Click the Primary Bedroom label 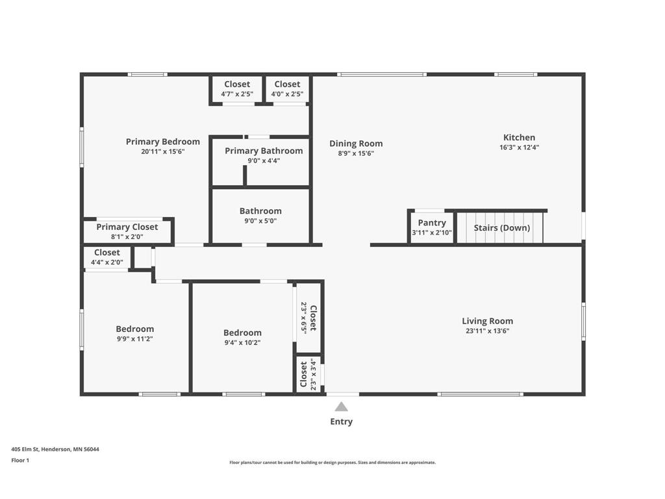click(x=163, y=142)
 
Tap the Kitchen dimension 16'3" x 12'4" click(x=519, y=147)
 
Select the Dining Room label click(x=356, y=144)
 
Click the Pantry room click(x=432, y=227)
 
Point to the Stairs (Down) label click(x=501, y=228)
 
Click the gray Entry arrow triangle click(x=341, y=407)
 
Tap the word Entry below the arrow click(x=341, y=422)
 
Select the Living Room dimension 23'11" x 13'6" click(x=487, y=331)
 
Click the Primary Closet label click(x=127, y=227)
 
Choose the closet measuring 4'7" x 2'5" click(x=237, y=89)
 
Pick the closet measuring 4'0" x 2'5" click(x=287, y=89)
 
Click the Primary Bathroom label click(x=264, y=151)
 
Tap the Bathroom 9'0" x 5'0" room click(x=260, y=216)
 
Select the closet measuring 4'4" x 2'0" click(x=107, y=257)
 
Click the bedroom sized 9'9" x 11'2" click(x=135, y=333)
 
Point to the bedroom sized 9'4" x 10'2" click(x=243, y=337)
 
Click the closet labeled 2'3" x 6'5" click(x=308, y=317)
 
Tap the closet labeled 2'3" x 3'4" click(x=308, y=374)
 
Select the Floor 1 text click(x=20, y=461)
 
